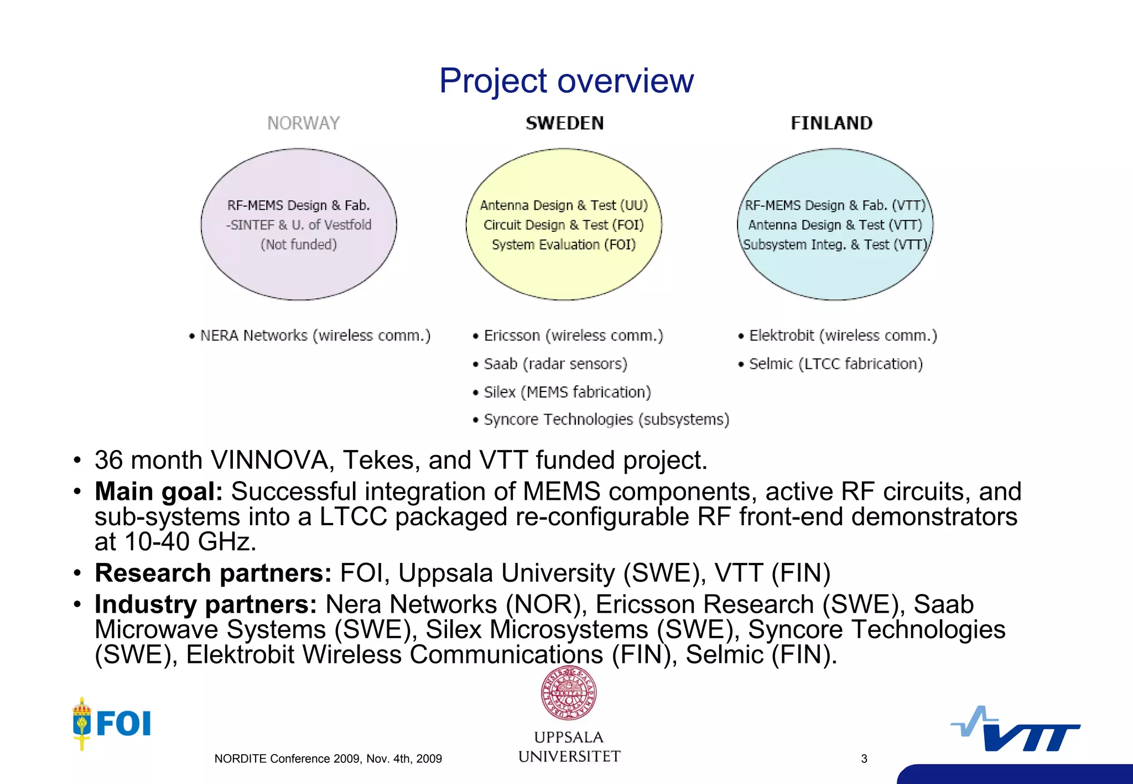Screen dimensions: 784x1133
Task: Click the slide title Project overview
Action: point(566,81)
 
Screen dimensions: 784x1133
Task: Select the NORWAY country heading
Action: point(303,123)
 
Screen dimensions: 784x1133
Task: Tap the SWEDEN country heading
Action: point(564,123)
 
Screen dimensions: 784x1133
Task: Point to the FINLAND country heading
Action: point(831,123)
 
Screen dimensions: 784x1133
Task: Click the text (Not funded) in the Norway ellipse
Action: point(299,244)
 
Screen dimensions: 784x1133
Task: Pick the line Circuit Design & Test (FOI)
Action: point(564,225)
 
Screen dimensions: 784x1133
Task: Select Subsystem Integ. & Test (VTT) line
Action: point(835,244)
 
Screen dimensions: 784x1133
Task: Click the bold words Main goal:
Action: point(159,492)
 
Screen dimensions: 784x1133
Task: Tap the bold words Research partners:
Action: point(213,573)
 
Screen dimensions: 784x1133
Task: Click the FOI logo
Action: point(112,723)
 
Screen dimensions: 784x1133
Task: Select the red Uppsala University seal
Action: point(569,693)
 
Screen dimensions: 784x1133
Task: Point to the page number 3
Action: point(864,759)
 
